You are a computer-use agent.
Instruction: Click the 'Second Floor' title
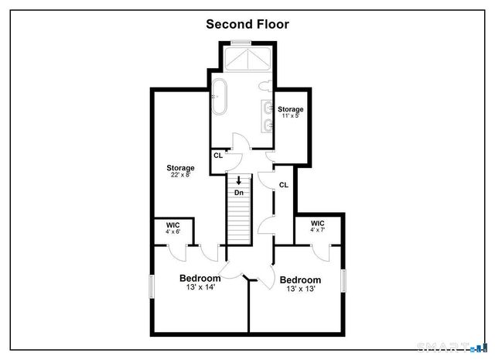pos(247,24)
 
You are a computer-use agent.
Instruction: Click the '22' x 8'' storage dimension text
pos(180,175)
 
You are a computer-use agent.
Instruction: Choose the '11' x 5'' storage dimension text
pos(291,116)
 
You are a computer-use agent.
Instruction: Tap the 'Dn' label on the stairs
pos(240,192)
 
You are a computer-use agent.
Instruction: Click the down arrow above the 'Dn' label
pos(240,182)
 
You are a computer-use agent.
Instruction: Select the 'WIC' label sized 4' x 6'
pos(172,225)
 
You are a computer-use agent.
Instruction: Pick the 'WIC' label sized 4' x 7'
pos(318,223)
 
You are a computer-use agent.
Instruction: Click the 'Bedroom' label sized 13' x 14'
pos(200,278)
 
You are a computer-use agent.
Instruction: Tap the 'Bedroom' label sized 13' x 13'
pos(300,280)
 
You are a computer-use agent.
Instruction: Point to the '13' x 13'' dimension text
pos(300,290)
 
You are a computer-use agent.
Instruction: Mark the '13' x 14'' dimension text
pos(200,287)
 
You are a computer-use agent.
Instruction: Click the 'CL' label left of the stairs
pos(218,154)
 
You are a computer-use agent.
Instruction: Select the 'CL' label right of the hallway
pos(284,184)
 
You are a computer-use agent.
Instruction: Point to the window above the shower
pos(241,43)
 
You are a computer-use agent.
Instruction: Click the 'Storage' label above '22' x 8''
pos(180,167)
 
